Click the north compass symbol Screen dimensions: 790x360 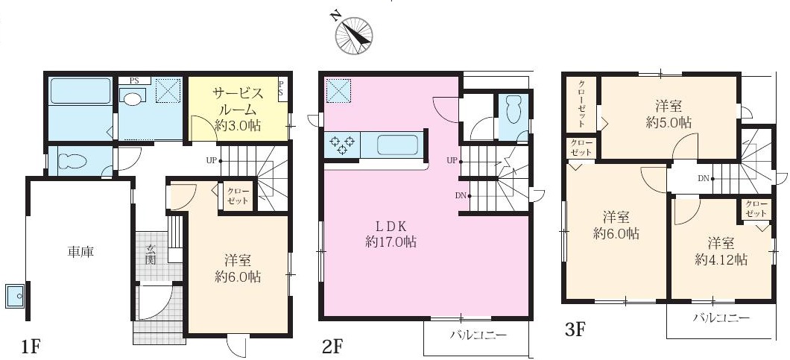[x=354, y=34]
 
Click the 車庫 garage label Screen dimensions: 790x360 [x=80, y=251]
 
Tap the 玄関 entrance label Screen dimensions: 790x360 [x=151, y=254]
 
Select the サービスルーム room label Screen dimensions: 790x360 [x=238, y=101]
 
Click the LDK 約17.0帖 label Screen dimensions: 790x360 [x=391, y=233]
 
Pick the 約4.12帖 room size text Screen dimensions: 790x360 [x=721, y=259]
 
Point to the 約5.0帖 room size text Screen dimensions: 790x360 [x=669, y=122]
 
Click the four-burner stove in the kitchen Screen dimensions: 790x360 [x=342, y=145]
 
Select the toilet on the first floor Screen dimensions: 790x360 [x=74, y=161]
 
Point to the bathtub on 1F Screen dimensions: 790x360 [x=80, y=91]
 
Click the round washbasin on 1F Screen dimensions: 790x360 [x=133, y=98]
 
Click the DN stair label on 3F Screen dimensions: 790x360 [x=704, y=178]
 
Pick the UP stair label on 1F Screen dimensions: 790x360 [x=211, y=160]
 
